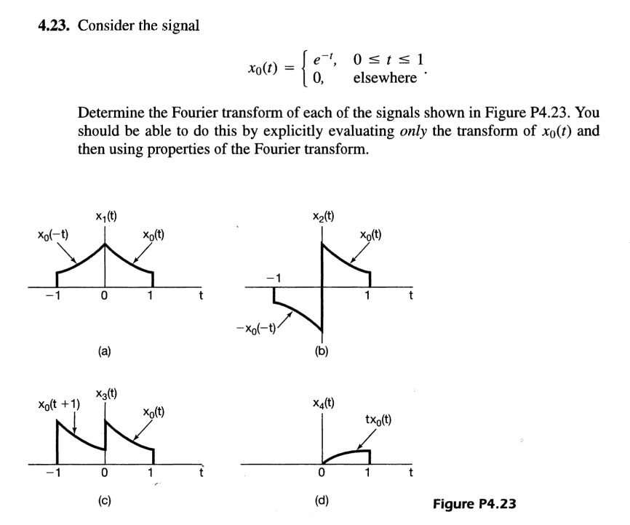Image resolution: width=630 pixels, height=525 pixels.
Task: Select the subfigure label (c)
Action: (x=106, y=501)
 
